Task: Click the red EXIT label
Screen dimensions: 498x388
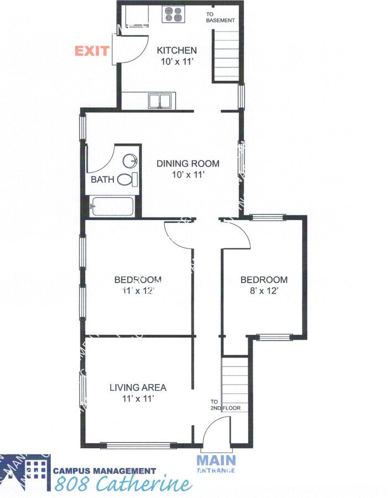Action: pos(92,51)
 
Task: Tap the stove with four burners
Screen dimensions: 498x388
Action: pos(173,14)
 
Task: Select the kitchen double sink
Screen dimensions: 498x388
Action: pos(160,101)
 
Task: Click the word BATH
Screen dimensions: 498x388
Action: pos(102,180)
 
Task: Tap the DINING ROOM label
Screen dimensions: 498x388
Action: pos(188,163)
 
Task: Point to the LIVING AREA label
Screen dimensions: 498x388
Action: pos(138,387)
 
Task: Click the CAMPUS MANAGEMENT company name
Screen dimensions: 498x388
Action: pos(105,471)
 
